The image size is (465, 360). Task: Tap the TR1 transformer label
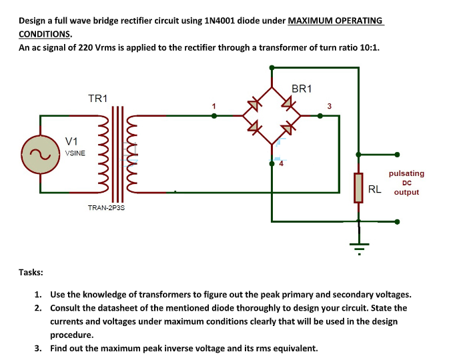tap(98, 99)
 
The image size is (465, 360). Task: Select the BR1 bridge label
tap(302, 89)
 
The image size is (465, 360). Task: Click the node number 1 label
tap(214, 105)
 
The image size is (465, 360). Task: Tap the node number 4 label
tap(281, 163)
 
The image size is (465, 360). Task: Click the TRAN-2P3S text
tap(106, 208)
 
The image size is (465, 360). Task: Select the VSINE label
tap(75, 153)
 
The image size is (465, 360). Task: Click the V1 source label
tap(72, 141)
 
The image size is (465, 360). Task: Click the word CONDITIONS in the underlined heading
tap(45, 34)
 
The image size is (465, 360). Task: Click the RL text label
tap(375, 189)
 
